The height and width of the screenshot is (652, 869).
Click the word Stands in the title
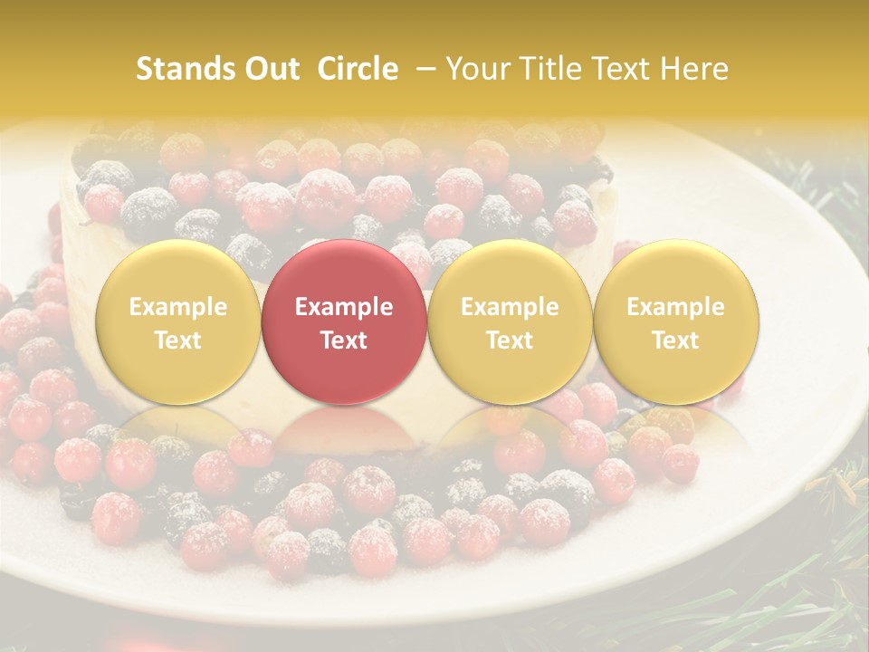[x=184, y=69]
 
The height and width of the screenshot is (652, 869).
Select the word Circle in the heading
[x=358, y=69]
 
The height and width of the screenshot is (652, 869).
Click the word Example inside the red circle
[x=343, y=307]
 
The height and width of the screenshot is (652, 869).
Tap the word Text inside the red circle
[x=343, y=340]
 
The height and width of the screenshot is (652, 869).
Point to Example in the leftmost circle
[x=177, y=307]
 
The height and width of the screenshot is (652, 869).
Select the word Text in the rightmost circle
[x=675, y=340]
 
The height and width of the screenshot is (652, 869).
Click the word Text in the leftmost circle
[x=177, y=340]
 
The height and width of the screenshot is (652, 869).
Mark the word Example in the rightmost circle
[x=675, y=307]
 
